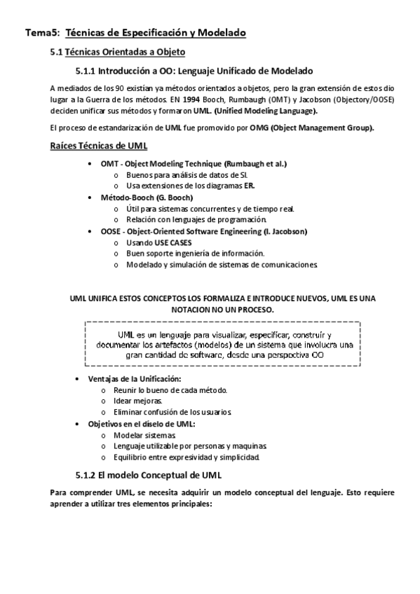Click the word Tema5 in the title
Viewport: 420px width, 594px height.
(39, 33)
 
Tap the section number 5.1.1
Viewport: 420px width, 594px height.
(86, 71)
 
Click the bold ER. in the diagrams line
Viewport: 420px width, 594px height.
(249, 186)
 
